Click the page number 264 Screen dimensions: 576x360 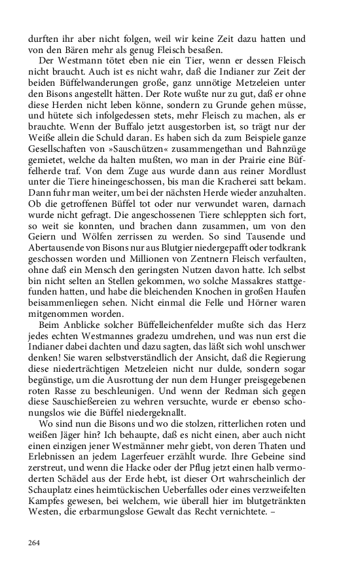click(x=34, y=543)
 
